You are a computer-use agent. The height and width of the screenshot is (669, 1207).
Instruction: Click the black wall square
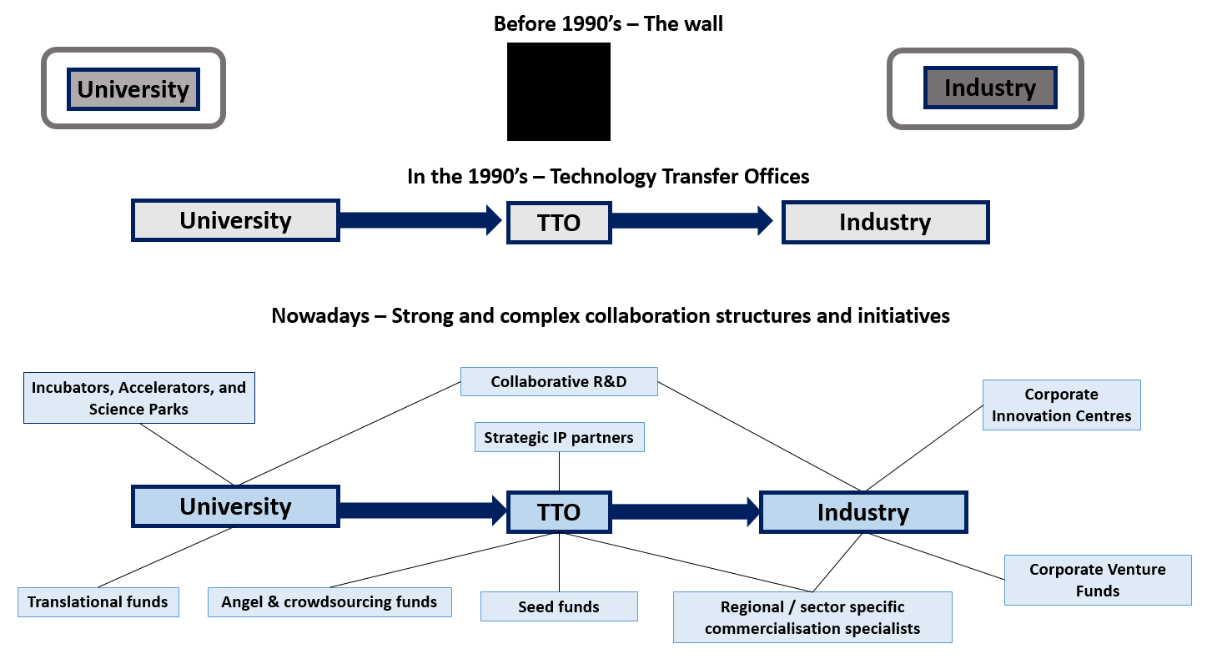(x=559, y=92)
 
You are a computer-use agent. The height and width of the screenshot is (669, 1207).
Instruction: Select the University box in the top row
(x=133, y=88)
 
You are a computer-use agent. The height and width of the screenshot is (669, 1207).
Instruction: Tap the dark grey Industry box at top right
(x=990, y=88)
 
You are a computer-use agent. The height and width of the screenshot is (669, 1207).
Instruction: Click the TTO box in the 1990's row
(x=559, y=223)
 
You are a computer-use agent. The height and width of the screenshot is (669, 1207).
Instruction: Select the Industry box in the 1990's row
(x=885, y=222)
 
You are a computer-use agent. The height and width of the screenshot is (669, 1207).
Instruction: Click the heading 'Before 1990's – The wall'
(x=608, y=23)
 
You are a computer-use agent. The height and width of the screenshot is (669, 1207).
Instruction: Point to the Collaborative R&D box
(x=559, y=381)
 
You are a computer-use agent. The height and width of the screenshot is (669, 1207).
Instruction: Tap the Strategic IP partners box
(x=559, y=437)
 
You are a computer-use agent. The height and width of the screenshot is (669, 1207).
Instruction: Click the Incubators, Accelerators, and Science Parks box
(x=139, y=398)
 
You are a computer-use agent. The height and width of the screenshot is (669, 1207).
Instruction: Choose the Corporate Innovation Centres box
(x=1061, y=405)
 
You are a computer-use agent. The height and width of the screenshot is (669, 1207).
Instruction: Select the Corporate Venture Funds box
(x=1097, y=580)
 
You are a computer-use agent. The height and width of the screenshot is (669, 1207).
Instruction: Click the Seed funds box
(x=559, y=606)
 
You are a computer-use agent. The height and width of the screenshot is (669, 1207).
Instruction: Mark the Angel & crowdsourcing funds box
(x=329, y=601)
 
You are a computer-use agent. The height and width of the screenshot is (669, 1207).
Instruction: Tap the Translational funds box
(x=98, y=601)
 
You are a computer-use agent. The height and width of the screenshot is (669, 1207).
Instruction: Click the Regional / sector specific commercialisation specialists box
(x=812, y=617)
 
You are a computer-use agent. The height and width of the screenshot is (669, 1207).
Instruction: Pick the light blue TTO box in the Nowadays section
(x=559, y=512)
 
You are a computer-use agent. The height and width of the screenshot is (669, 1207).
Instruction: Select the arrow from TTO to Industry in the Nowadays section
(x=685, y=511)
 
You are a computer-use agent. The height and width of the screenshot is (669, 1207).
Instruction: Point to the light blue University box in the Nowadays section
(x=235, y=506)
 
